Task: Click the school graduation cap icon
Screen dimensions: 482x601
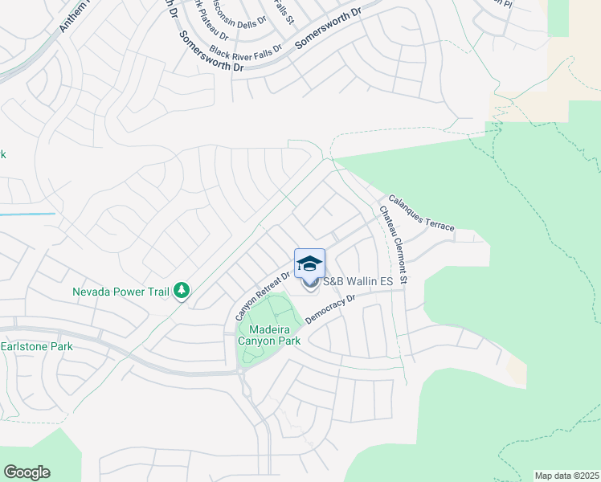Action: coord(309,263)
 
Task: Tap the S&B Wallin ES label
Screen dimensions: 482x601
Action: coord(357,282)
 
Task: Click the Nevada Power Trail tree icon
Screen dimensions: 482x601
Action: coord(182,290)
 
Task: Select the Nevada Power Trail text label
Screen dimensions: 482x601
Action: coord(121,291)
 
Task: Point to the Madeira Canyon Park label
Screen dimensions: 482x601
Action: coord(269,335)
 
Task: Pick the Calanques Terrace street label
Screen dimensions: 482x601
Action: coord(421,213)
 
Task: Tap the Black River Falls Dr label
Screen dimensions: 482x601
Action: coord(246,50)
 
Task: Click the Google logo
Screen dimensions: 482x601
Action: coord(27,472)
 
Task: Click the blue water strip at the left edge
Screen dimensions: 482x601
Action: coord(27,214)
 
